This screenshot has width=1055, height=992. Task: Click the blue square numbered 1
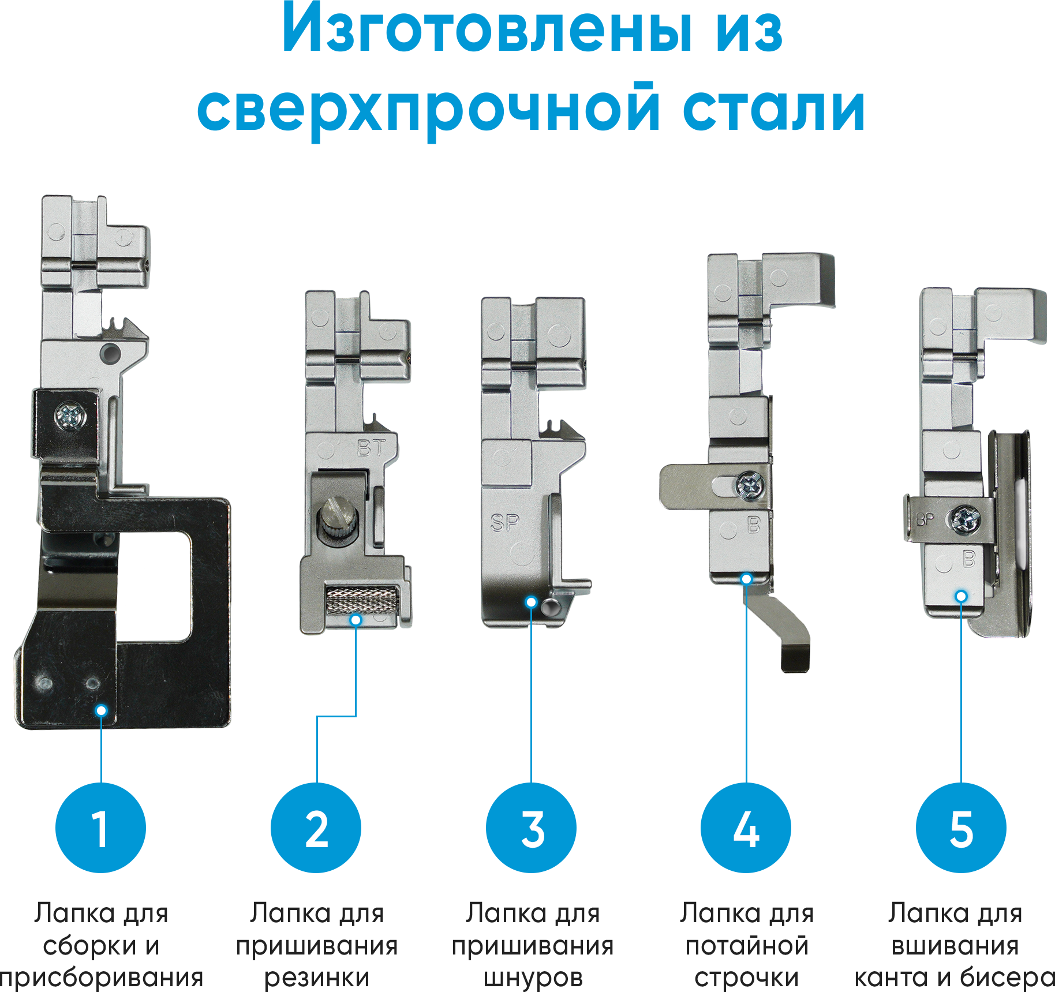100,827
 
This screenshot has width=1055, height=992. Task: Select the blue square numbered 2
316,827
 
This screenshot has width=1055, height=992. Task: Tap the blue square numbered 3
531,827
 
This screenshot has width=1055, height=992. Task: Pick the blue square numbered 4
746,827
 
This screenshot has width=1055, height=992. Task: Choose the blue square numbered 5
961,827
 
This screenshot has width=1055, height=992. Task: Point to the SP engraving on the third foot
505,523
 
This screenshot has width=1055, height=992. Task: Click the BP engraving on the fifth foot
925,520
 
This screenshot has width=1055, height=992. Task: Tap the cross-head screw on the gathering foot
70,414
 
